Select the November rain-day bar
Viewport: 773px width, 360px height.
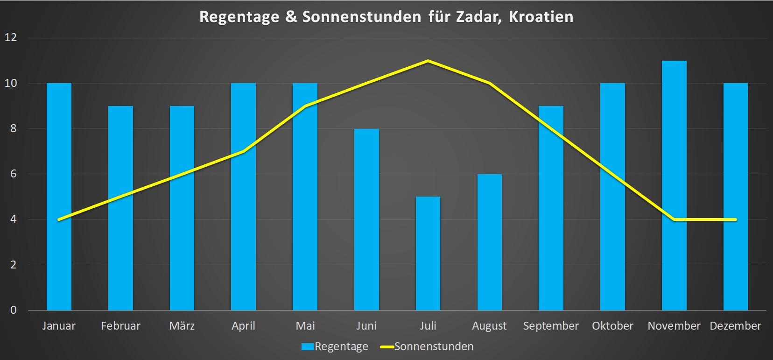674,187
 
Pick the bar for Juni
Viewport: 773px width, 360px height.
366,219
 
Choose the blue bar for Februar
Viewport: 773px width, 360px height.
120,208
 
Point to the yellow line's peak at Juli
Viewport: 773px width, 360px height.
428,61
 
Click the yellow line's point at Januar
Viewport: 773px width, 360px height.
59,219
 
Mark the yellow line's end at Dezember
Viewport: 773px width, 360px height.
735,219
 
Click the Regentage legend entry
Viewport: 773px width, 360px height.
335,346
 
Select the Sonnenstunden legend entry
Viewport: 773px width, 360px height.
427,346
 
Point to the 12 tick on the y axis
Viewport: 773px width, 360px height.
11,37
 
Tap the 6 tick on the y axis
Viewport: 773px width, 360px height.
13,174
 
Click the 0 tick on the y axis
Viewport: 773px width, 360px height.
13,310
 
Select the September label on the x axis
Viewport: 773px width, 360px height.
551,326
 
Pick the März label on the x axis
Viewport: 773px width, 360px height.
182,326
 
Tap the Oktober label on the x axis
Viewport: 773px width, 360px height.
612,326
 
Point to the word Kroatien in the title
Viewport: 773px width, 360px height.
541,17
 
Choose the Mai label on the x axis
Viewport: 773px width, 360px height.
305,326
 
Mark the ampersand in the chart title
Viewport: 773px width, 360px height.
291,17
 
